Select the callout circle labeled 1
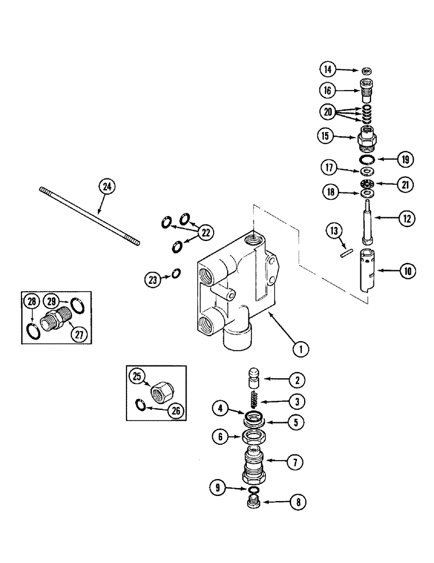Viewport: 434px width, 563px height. pos(301,349)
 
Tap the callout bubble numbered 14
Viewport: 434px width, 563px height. pos(328,70)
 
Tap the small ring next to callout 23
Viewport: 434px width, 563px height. pos(176,273)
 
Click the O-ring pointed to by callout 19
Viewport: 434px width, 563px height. pos(368,159)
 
